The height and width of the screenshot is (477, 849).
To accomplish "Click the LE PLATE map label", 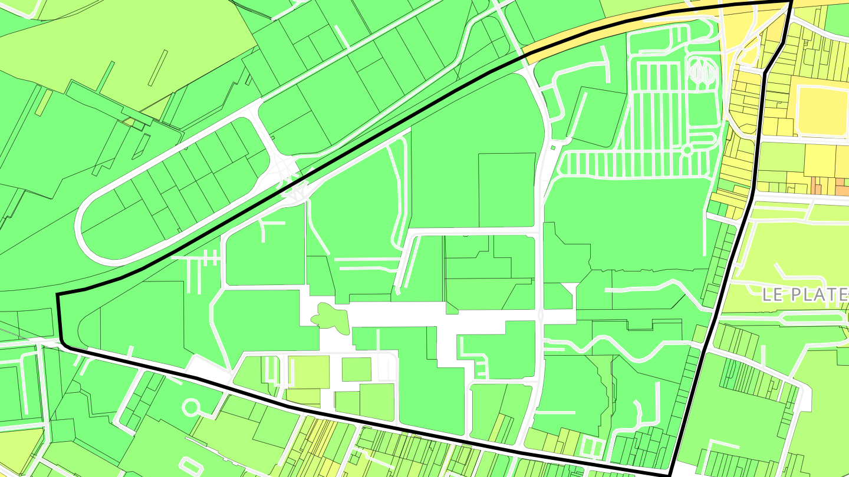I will pos(805,294).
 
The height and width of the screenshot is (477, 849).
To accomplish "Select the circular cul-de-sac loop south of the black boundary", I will pos(191,407).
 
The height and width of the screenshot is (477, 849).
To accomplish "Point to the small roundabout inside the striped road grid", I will pos(686,150).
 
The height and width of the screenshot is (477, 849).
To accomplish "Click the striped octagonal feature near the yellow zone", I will pos(702,71).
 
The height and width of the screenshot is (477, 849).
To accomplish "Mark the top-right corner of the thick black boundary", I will pos(791,2).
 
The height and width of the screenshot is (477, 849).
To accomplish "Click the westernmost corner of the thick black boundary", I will pos(57,294).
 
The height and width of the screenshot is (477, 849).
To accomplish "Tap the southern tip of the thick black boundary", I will pos(670,473).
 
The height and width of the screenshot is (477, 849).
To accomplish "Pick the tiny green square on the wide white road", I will pos(552,147).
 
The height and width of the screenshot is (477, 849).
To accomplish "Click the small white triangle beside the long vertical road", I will pos(570,289).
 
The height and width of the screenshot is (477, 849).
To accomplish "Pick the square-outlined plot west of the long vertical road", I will pos(506,188).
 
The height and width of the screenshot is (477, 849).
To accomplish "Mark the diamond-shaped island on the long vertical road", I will pos(541,314).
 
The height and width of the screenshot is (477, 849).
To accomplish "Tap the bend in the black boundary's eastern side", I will pos(764,72).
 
